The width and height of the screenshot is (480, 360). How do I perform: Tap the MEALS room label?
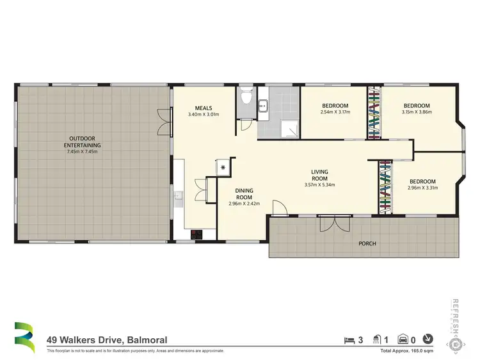pos(204,108)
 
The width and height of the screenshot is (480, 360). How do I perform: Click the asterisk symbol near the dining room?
pos(223,167)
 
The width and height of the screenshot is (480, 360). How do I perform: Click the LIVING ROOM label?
pos(319,175)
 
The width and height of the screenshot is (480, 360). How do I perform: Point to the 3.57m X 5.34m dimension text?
pos(319,185)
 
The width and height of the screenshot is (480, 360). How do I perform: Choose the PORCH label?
pos(367,243)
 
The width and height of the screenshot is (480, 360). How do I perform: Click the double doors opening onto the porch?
pos(335,222)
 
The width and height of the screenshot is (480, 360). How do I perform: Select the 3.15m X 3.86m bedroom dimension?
pos(417,113)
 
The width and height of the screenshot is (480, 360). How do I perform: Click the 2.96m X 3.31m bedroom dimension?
pos(422,188)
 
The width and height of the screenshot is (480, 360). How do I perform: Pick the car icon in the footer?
pos(404,340)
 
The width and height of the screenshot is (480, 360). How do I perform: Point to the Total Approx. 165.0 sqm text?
pos(407,351)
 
